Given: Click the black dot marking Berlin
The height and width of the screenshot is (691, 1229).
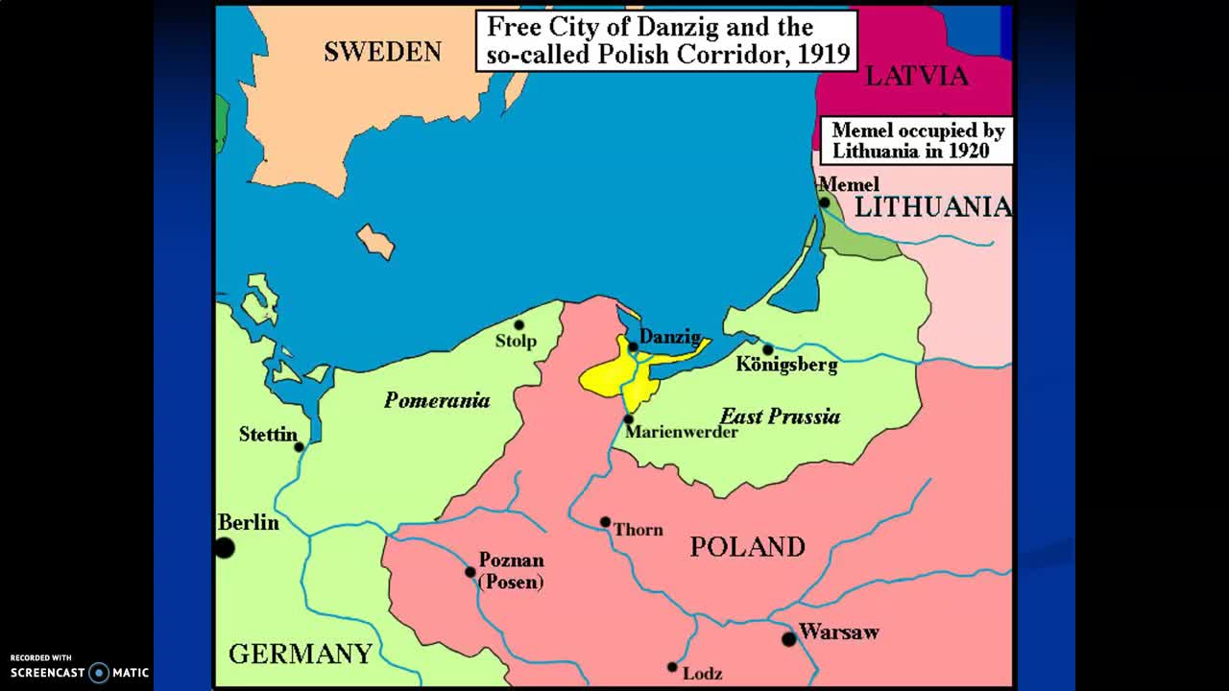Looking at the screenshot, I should pos(225,548).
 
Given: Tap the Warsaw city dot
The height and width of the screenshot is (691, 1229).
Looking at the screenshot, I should pos(789,639).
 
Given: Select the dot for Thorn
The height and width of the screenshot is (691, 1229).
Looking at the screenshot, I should pos(605,523).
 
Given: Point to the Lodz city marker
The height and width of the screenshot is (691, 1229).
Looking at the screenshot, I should pos(672,667).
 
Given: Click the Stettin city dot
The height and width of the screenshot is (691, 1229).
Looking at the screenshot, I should pos(300,447).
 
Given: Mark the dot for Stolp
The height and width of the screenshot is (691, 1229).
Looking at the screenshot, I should pos(518,325).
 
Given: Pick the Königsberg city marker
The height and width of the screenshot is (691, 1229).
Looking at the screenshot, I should pos(767,349).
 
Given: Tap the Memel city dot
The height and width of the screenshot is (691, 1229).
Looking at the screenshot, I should pos(824,203).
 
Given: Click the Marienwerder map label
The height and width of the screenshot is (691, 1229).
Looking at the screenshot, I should pos(681,432).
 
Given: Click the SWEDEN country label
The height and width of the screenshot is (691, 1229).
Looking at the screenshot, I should pos(382,52).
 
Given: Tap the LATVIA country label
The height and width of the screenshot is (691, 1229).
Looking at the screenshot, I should pos(916,76).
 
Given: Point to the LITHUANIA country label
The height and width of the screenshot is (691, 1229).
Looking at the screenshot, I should pos(932,206).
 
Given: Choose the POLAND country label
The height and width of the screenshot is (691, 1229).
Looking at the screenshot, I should pos(747,547).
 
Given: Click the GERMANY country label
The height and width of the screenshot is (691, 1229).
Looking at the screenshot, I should pos(300,655).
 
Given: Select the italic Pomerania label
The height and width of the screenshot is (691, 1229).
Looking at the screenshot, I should pos(437,400).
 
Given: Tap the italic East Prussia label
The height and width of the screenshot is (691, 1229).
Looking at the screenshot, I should pos(780,416).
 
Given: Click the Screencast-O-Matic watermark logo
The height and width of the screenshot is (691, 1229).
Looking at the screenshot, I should pos(80,672).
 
